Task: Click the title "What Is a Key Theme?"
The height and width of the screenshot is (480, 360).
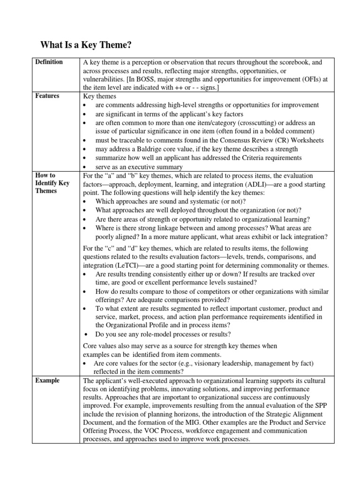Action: [87, 45]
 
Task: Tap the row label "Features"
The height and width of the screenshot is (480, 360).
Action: [47, 96]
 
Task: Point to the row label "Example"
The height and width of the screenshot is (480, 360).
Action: [48, 381]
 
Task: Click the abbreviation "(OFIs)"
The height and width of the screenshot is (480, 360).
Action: [306, 79]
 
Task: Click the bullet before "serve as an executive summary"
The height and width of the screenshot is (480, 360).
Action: [85, 167]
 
